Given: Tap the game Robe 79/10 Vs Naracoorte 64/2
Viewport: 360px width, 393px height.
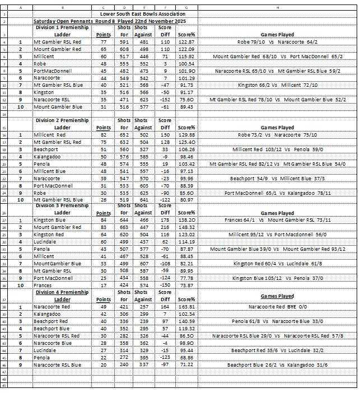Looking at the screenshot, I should point(277,42).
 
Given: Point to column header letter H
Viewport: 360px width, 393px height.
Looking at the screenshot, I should point(277,7).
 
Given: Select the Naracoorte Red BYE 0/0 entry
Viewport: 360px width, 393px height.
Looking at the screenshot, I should point(277,307).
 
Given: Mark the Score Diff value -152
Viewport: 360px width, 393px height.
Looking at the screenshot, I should point(166,100).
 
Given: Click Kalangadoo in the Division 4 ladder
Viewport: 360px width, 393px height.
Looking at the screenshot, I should point(48,314).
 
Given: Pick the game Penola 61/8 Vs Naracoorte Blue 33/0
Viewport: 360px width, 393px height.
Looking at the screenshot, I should point(277,321).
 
